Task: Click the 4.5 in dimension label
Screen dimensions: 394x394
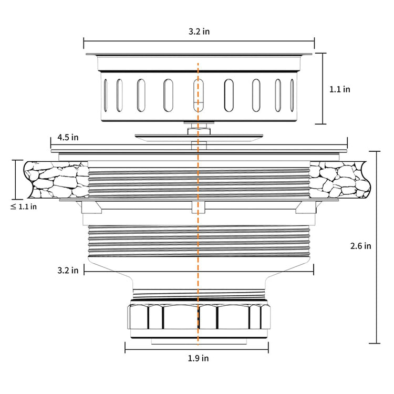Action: (x=68, y=137)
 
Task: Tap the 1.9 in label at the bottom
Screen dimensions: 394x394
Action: (x=198, y=358)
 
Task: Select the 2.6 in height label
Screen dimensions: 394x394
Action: (x=360, y=246)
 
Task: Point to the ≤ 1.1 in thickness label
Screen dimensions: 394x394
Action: (x=24, y=206)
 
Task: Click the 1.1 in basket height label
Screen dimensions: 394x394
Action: (x=340, y=89)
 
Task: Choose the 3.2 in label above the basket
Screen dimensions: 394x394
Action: (x=199, y=32)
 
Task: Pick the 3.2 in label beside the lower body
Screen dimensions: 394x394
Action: (x=68, y=271)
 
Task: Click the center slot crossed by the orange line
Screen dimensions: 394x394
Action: (x=199, y=96)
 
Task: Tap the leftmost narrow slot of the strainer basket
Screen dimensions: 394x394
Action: (x=105, y=96)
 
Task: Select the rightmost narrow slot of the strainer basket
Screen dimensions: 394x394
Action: (x=292, y=96)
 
